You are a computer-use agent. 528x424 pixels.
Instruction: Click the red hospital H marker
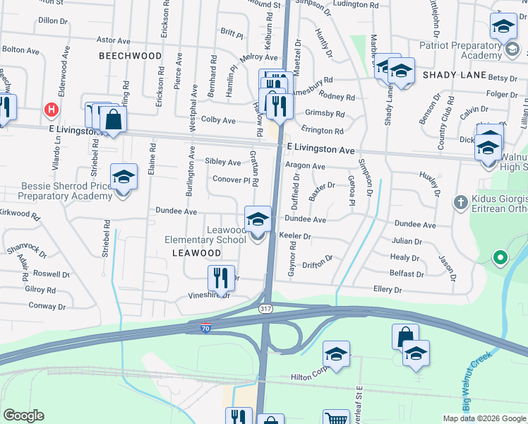tap(51, 110)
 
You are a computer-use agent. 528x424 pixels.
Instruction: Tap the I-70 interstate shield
tap(205, 326)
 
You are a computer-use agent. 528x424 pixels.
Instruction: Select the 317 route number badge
tap(265, 310)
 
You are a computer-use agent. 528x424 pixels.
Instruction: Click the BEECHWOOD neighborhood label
tap(130, 55)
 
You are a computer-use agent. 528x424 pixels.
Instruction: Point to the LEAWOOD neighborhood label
tap(197, 252)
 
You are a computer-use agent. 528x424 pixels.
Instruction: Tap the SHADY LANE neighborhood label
tap(455, 75)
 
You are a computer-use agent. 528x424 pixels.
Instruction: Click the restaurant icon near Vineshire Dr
tap(222, 278)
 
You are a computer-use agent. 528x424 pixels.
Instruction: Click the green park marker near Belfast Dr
tap(500, 257)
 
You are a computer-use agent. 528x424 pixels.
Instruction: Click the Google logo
tap(24, 416)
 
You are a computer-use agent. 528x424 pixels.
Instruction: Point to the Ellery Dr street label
tap(388, 290)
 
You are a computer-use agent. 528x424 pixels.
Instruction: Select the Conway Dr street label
tap(47, 306)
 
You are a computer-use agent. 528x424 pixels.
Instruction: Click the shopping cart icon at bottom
tap(336, 418)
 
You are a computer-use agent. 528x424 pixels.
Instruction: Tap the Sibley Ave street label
tap(222, 162)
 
